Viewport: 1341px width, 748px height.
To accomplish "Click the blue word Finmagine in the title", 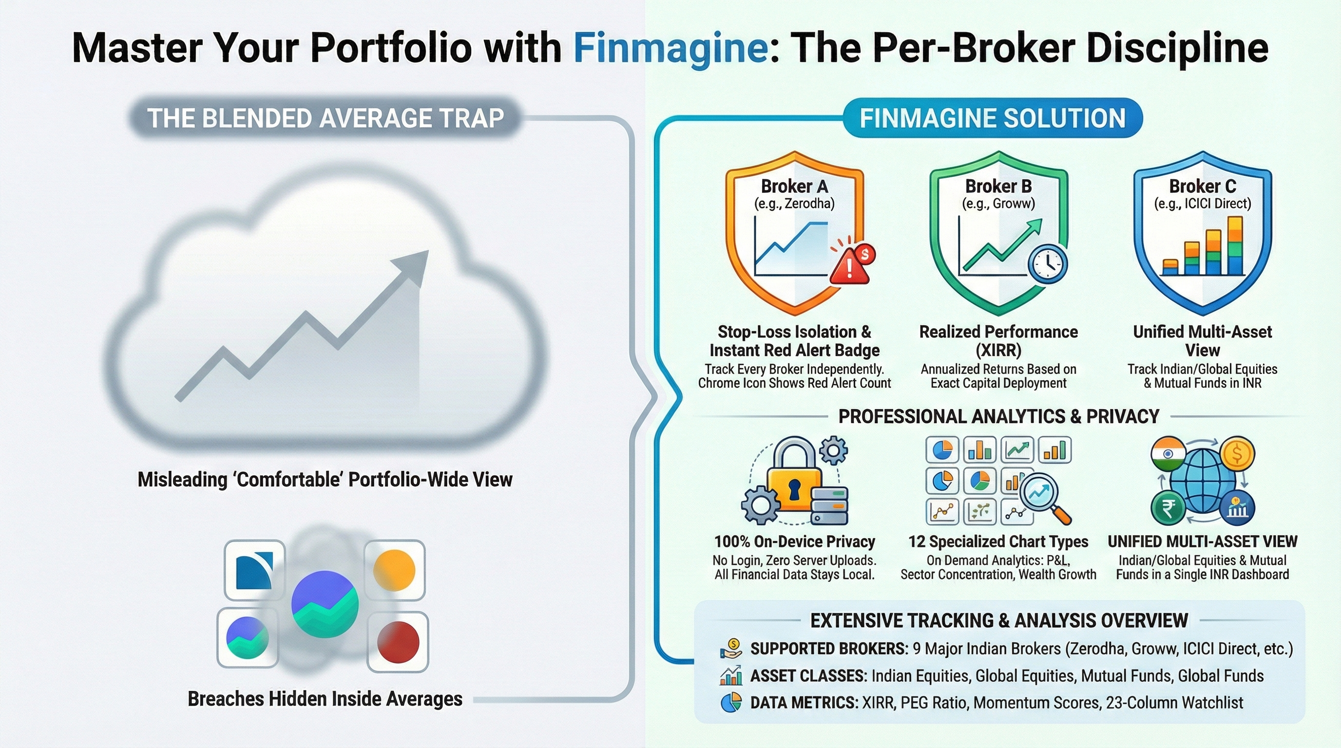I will pyautogui.click(x=670, y=48).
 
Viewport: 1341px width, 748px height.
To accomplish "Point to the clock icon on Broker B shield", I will pyautogui.click(x=1047, y=264).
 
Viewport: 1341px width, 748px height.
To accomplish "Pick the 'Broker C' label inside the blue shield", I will pyautogui.click(x=1203, y=186).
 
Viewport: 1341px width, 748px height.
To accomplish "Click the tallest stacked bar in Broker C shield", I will pyautogui.click(x=1235, y=245).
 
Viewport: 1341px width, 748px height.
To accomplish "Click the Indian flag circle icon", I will pyautogui.click(x=1168, y=455).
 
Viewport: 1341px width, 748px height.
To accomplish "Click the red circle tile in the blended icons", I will pyautogui.click(x=398, y=641).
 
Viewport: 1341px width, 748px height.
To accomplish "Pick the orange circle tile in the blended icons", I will pyautogui.click(x=394, y=570).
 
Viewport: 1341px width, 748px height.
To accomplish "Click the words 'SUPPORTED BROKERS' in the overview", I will pyautogui.click(x=829, y=649).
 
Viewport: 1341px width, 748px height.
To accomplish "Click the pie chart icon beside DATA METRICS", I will pyautogui.click(x=731, y=703).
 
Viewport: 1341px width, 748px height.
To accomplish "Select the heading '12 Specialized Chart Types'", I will pyautogui.click(x=998, y=542).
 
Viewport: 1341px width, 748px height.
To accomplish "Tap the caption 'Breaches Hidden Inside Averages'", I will pyautogui.click(x=325, y=699).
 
